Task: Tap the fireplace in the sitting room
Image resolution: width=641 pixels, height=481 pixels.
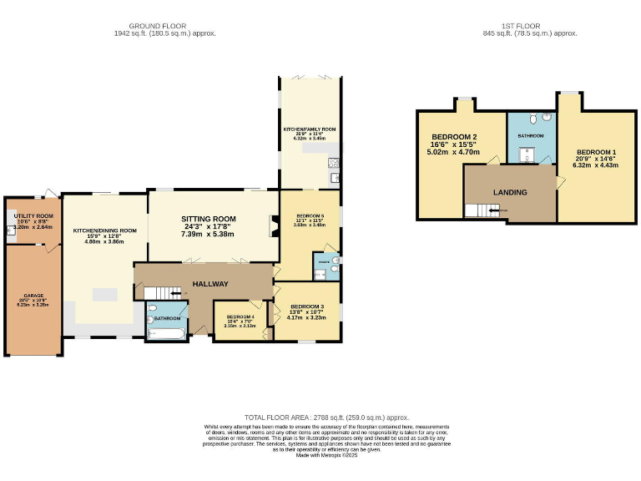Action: pyautogui.click(x=271, y=227)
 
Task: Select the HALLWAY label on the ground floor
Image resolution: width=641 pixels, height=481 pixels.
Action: pyautogui.click(x=210, y=284)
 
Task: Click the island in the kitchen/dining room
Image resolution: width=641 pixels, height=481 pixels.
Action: pyautogui.click(x=105, y=294)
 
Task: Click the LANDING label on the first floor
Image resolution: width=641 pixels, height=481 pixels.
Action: pyautogui.click(x=510, y=192)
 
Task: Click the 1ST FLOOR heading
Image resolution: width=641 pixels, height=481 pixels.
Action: pyautogui.click(x=529, y=26)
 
